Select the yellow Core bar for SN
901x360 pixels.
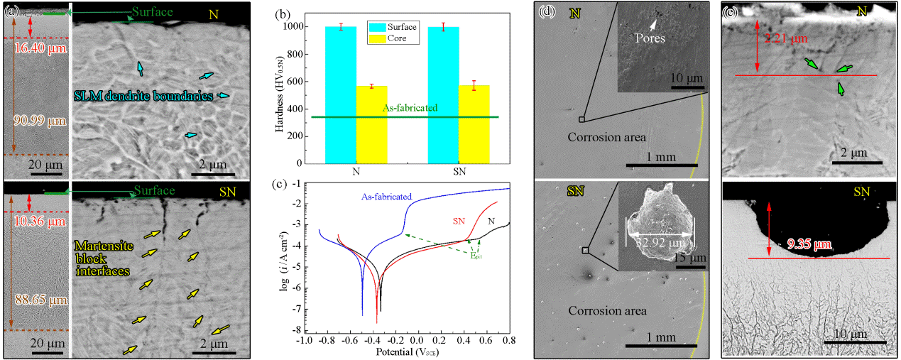point(474,124)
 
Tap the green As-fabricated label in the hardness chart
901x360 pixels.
point(410,109)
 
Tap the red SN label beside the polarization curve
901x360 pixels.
point(460,221)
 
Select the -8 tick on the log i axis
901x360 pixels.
point(293,330)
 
